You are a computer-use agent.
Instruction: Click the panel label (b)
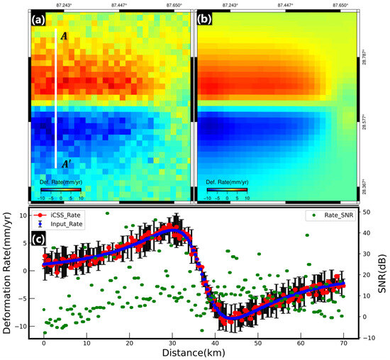(204, 21)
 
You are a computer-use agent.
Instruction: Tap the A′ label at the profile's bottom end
(65, 164)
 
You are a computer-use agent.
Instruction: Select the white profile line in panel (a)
(56, 99)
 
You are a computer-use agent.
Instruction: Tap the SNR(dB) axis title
(384, 272)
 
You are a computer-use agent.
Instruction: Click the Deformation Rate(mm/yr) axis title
(7, 272)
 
